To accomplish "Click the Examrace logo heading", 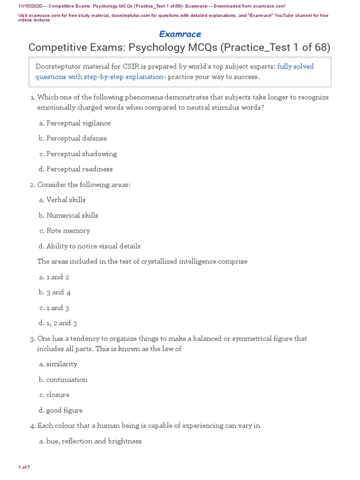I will [180, 34].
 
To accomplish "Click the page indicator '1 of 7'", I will [24, 467].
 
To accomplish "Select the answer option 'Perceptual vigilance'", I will [78, 123].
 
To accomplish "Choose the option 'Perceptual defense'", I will [76, 138].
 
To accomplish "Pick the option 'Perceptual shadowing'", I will [82, 154].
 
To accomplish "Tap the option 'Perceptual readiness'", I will [79, 169].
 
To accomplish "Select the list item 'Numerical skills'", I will [72, 215].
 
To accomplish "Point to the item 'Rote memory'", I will [68, 231].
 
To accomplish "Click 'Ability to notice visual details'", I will [93, 246].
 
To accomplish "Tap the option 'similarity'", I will [61, 364].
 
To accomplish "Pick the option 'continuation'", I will [67, 379].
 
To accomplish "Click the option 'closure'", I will [58, 395].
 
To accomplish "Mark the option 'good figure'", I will [64, 410].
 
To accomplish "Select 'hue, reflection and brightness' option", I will [94, 441].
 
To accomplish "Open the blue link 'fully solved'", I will [295, 67].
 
